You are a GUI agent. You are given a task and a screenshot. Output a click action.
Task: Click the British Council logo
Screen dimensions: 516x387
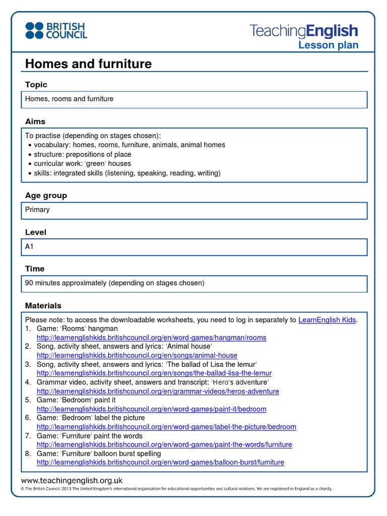pyautogui.click(x=56, y=30)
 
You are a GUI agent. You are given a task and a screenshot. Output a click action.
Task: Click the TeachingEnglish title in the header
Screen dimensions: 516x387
pyautogui.click(x=304, y=31)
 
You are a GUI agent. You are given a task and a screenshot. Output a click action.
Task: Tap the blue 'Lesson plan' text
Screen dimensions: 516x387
pyautogui.click(x=328, y=45)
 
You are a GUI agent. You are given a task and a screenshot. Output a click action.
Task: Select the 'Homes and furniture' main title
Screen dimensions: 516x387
pyautogui.click(x=88, y=64)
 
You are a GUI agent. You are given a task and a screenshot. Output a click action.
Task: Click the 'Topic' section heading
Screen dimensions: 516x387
pyautogui.click(x=36, y=85)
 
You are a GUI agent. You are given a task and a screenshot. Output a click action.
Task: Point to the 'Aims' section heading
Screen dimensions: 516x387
pyautogui.click(x=35, y=121)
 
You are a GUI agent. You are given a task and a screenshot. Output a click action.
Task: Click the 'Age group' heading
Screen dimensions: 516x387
pyautogui.click(x=46, y=196)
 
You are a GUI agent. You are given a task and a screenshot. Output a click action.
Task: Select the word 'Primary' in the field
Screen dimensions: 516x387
pyautogui.click(x=37, y=210)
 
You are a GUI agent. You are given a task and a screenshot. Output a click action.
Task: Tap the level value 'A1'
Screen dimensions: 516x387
pyautogui.click(x=29, y=246)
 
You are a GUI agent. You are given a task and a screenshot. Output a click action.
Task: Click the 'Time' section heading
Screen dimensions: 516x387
pyautogui.click(x=35, y=269)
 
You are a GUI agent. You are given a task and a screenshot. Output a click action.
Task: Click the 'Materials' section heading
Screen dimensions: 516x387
pyautogui.click(x=43, y=306)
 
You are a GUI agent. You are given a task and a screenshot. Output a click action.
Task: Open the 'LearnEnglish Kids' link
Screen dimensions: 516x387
pyautogui.click(x=328, y=320)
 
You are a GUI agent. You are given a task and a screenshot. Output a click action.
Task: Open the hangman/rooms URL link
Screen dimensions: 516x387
pyautogui.click(x=151, y=338)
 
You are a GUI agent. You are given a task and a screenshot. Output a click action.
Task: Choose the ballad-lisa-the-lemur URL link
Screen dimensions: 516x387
pyautogui.click(x=154, y=373)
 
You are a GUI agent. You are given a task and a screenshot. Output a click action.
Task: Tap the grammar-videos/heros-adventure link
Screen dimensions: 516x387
pyautogui.click(x=157, y=391)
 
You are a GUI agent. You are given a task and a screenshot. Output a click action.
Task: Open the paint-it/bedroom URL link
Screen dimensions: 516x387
pyautogui.click(x=151, y=409)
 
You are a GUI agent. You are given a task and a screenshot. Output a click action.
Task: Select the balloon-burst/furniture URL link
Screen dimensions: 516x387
pyautogui.click(x=160, y=463)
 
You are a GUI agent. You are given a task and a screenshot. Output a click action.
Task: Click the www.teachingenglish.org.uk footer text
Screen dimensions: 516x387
pyautogui.click(x=72, y=481)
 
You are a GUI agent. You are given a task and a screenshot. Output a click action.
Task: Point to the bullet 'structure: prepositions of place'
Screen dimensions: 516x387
pyautogui.click(x=82, y=154)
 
